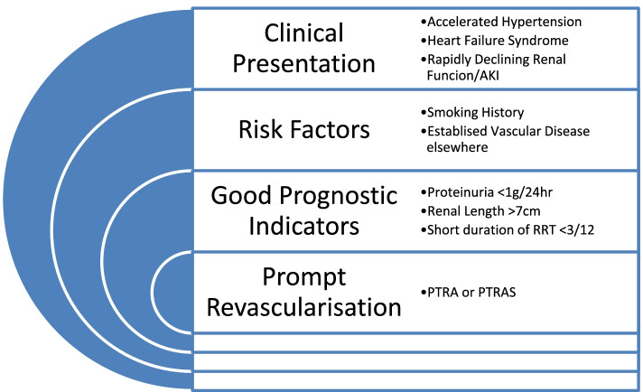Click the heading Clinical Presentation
[x=304, y=49]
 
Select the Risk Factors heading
[x=303, y=128]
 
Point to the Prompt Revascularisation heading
[x=303, y=291]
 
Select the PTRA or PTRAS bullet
[x=464, y=292]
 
